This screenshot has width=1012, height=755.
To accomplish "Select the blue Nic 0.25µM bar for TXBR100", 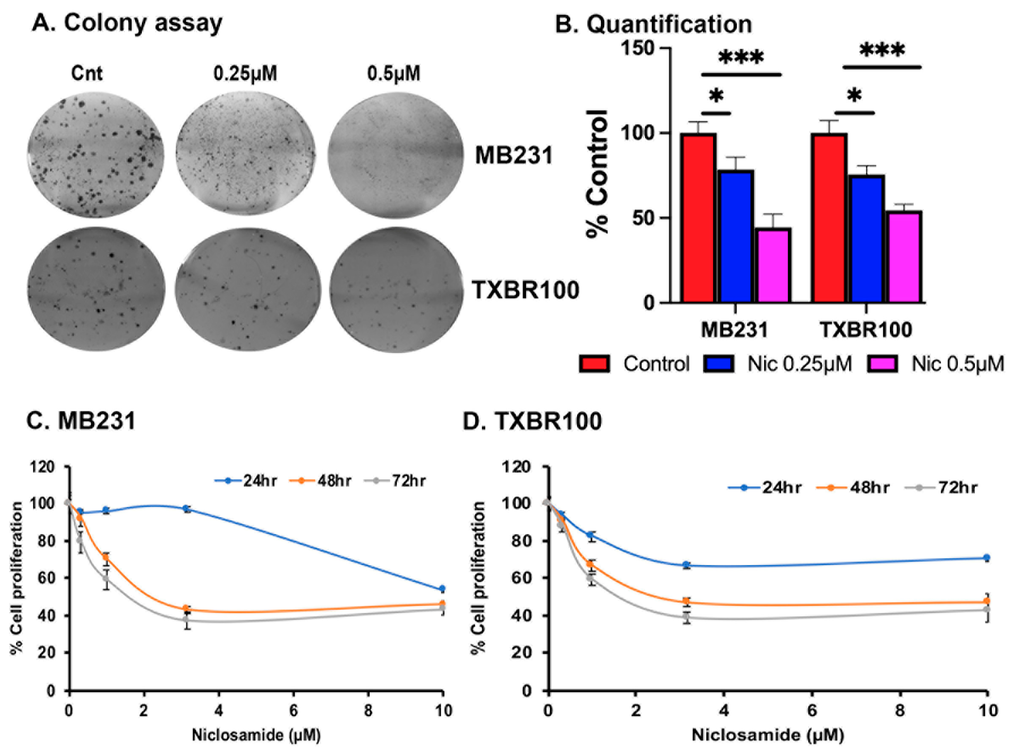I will point(867,238).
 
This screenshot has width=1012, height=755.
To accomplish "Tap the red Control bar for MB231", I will point(698,218).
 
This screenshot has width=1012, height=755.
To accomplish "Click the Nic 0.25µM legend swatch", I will point(718,364).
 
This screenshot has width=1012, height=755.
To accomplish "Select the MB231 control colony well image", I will point(96,154).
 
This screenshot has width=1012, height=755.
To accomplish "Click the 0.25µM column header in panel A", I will point(245,73).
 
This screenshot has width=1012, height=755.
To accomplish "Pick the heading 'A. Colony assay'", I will point(127,23).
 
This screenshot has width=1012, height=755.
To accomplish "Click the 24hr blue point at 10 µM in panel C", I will point(441,589).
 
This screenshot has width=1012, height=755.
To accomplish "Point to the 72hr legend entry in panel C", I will point(396,481).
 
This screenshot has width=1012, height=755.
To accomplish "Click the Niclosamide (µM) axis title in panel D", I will point(768,735).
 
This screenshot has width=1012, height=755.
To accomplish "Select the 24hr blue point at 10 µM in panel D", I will point(986,557).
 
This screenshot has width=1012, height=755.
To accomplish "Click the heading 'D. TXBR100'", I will point(532,421).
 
